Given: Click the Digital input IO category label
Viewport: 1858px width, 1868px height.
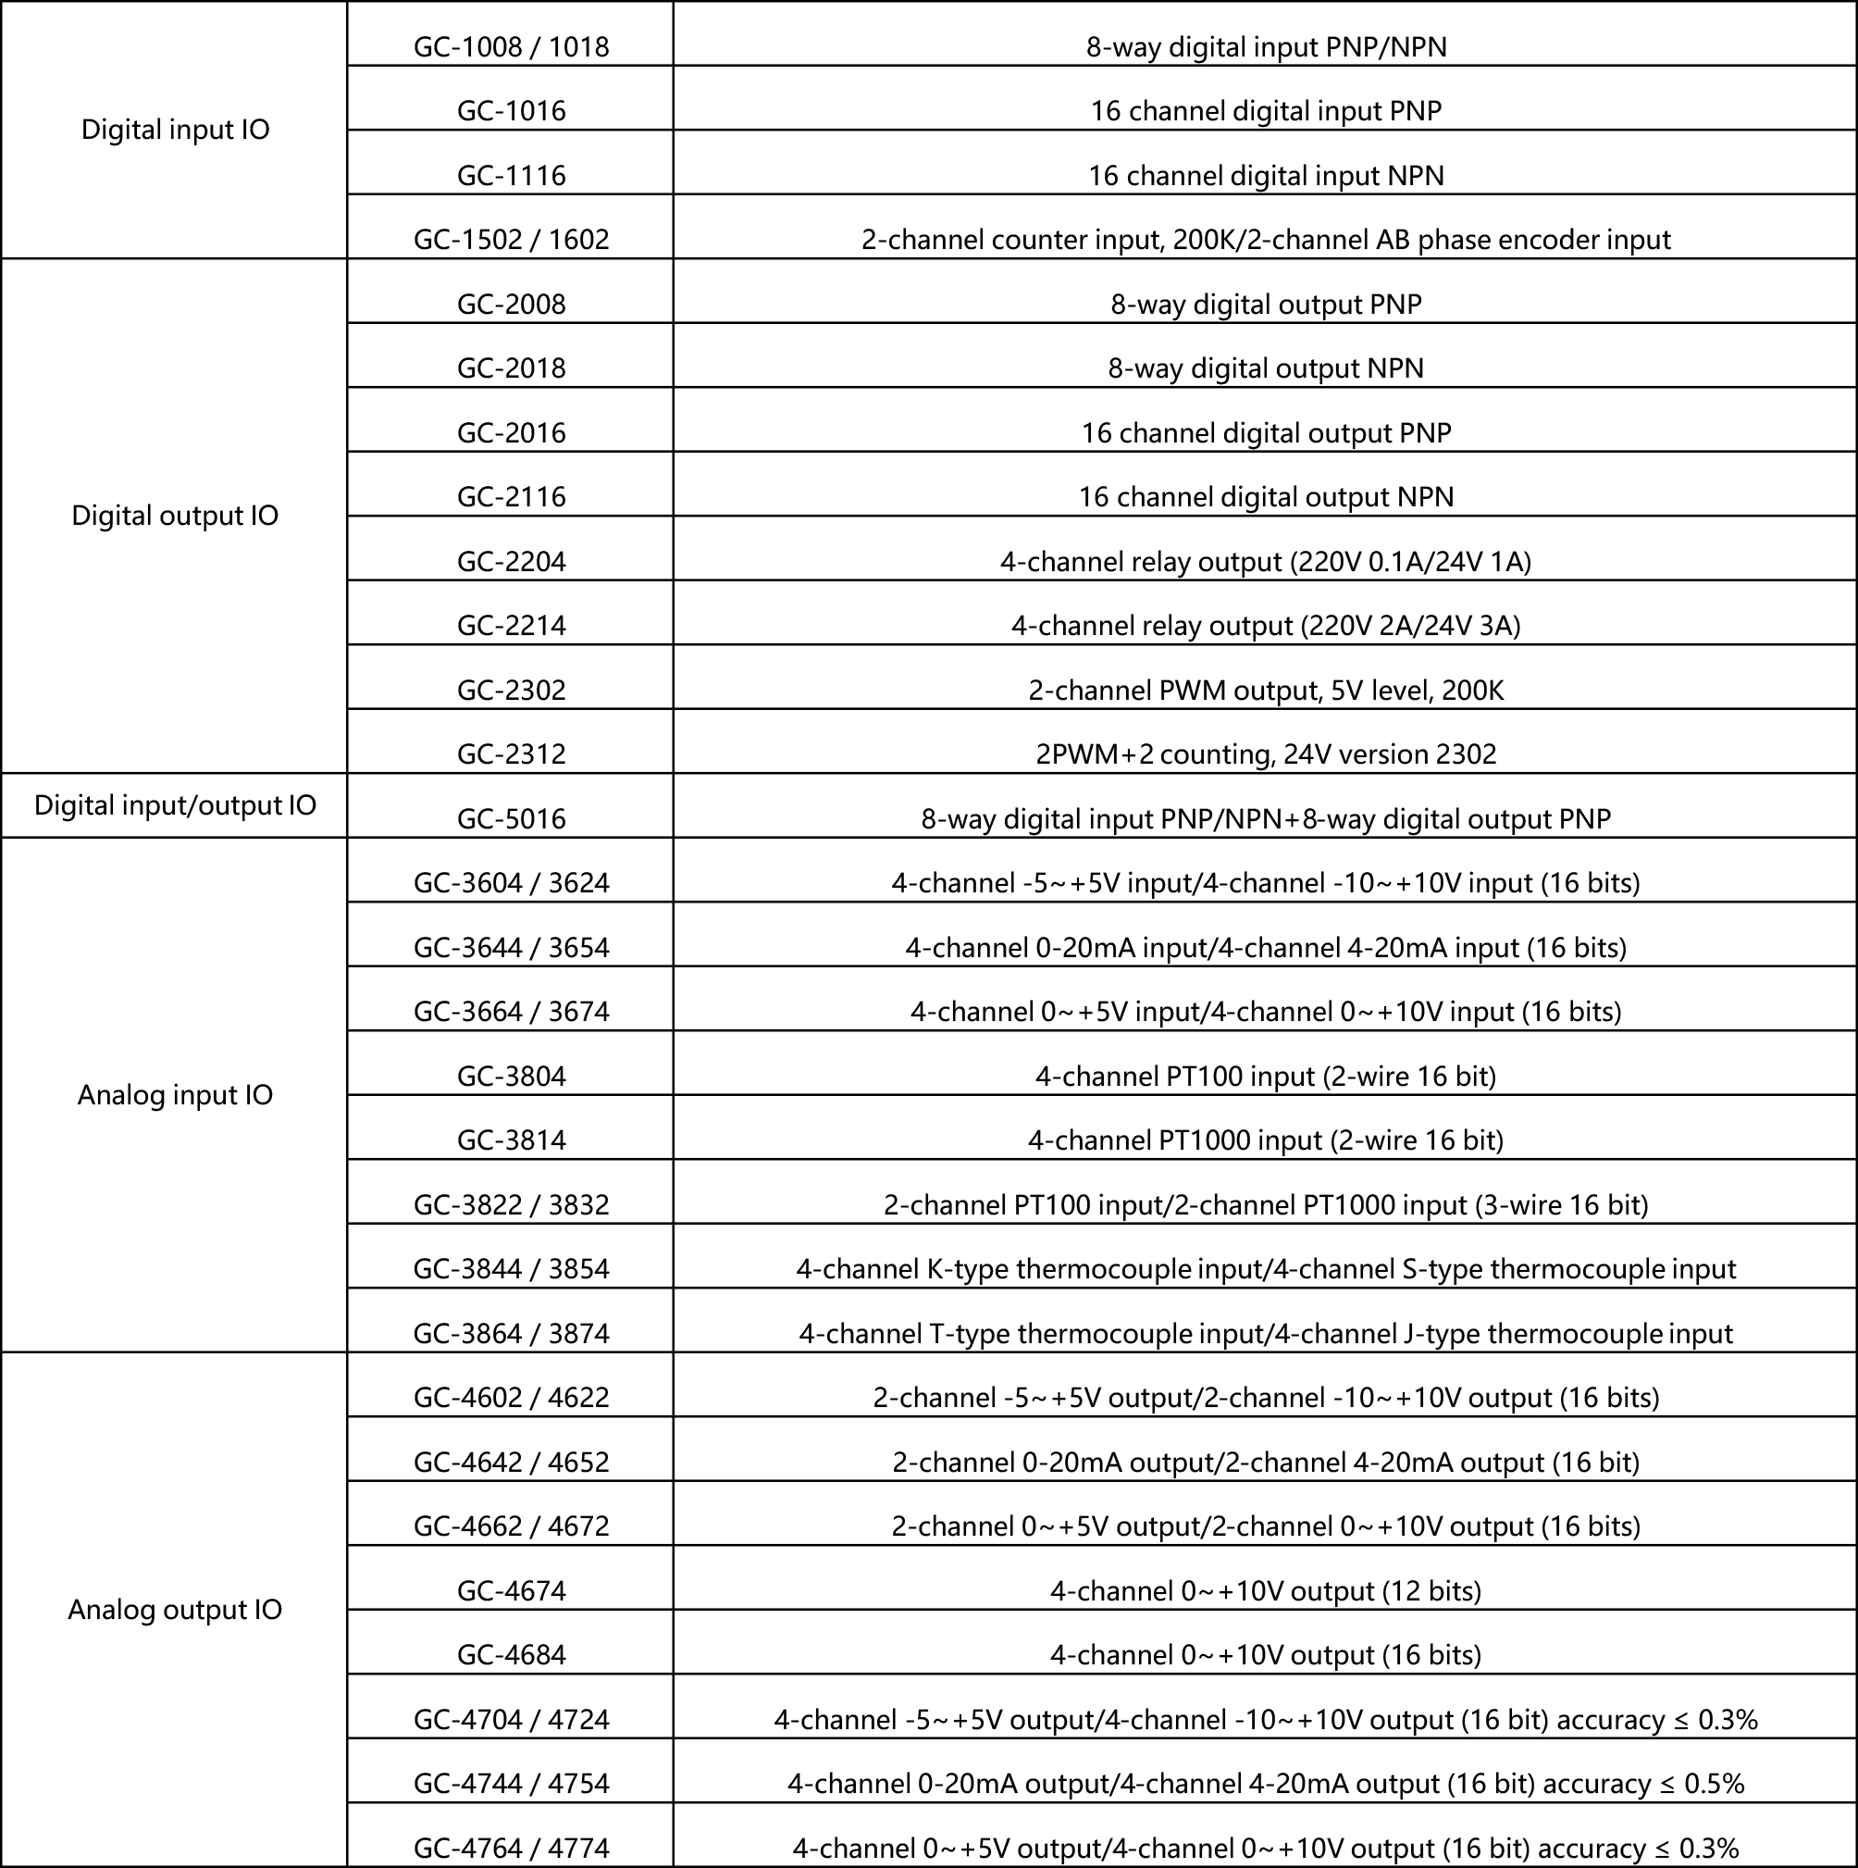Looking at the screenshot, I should point(175,130).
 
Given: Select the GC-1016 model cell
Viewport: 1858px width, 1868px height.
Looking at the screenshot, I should point(511,111).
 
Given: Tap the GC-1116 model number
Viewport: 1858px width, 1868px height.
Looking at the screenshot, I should point(511,176).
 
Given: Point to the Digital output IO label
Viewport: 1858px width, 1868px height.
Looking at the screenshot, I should point(175,516).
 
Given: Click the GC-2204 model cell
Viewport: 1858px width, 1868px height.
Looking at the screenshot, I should point(511,562).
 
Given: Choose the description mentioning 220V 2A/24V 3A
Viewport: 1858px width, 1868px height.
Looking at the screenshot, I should point(1266,627).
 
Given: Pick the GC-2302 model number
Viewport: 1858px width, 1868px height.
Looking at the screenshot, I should point(511,691).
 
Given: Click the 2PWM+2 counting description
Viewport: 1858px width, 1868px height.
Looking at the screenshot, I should point(1266,754).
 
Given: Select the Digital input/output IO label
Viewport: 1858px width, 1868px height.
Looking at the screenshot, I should point(175,805).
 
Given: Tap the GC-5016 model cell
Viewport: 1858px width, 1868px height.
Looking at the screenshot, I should point(511,819).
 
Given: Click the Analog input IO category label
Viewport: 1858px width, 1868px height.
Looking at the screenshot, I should point(175,1094).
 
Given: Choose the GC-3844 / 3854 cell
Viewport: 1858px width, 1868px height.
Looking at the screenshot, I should point(511,1268).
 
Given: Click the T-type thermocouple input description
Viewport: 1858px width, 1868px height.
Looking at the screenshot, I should point(1266,1334).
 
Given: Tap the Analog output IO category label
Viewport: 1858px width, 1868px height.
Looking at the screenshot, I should point(175,1609).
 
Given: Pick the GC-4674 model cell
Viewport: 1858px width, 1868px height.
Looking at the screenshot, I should point(511,1590).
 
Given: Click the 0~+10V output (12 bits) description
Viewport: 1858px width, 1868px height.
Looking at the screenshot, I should point(1266,1590).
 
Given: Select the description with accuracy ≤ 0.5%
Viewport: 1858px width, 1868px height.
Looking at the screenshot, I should point(1266,1784).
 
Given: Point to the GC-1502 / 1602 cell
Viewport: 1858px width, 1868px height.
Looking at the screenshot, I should point(511,240).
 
